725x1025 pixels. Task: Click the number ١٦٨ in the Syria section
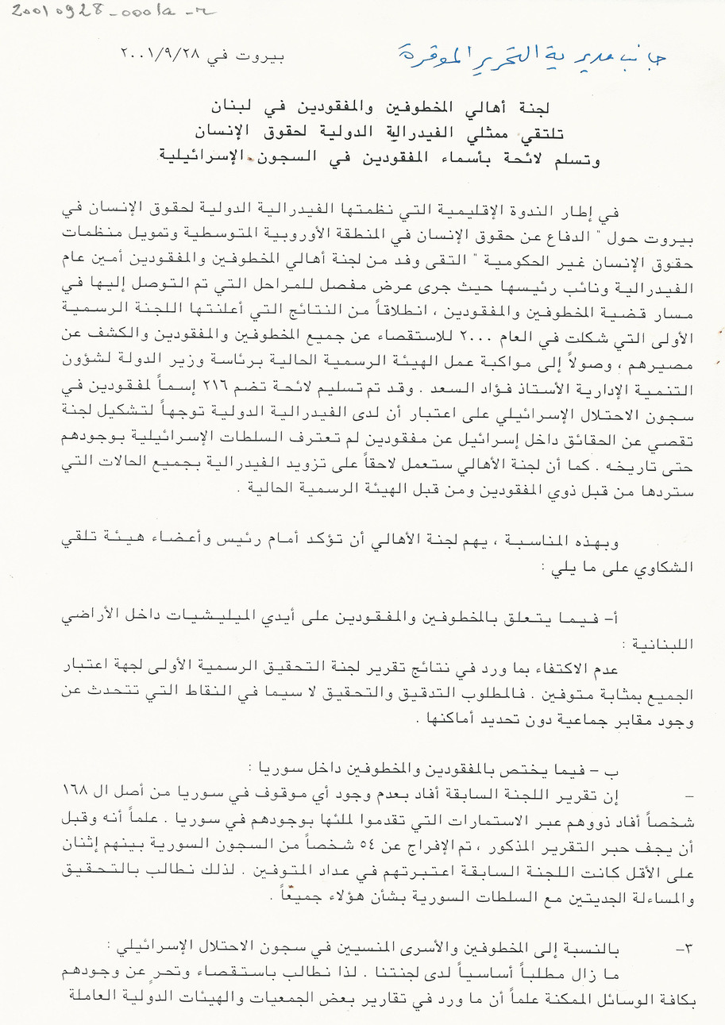[75, 793]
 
